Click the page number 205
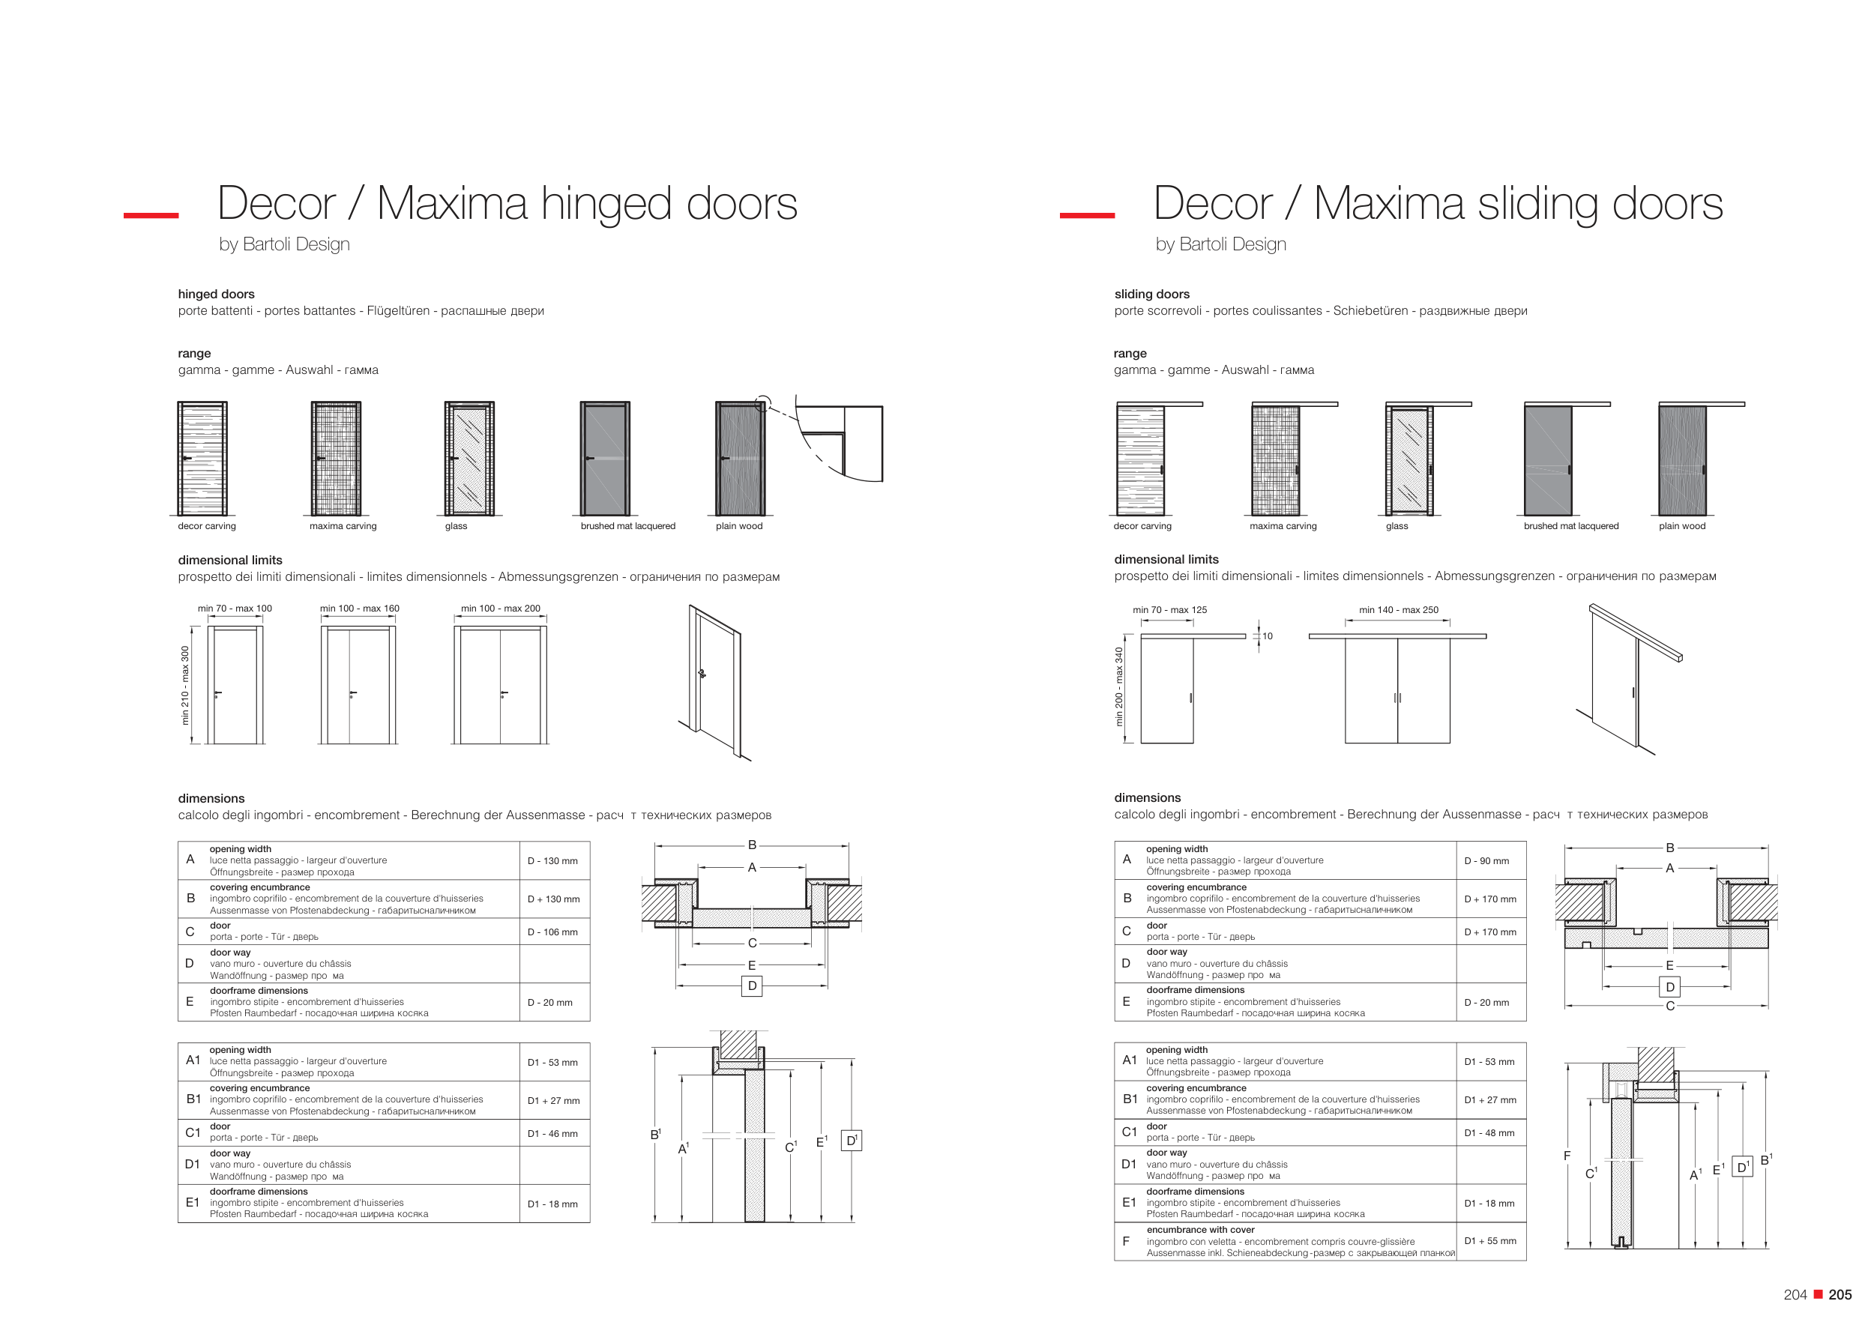click(1840, 1295)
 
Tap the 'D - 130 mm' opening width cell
click(552, 861)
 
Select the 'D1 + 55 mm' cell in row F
click(1490, 1241)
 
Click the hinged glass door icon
click(469, 458)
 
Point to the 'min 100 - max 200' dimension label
click(500, 609)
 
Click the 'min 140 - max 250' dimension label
click(1399, 610)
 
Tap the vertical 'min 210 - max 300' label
click(185, 685)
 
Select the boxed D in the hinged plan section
click(752, 986)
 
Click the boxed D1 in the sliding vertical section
click(1742, 1167)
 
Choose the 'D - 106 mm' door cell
click(552, 932)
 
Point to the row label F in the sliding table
click(1127, 1241)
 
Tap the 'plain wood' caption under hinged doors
click(739, 526)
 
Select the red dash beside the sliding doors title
click(1087, 215)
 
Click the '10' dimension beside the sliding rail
click(1268, 636)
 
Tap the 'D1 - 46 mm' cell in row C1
click(552, 1133)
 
